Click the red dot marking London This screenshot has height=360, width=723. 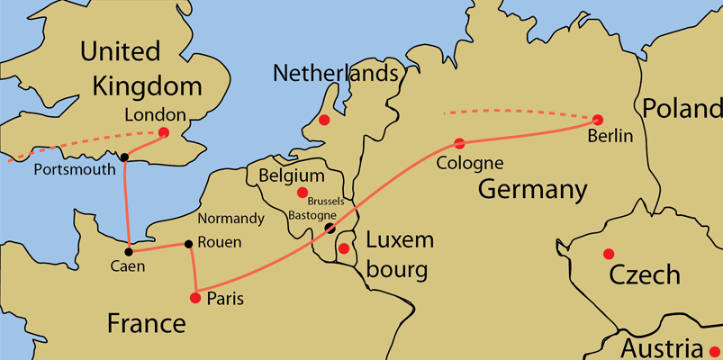coord(163,132)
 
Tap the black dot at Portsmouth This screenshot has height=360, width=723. coord(124,157)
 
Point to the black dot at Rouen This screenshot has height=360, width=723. coord(188,244)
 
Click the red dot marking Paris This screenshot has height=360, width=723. coord(195,297)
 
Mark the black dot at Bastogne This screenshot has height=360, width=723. coord(330,228)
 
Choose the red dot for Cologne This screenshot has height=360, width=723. coord(459,143)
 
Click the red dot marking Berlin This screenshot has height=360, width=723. coord(597,119)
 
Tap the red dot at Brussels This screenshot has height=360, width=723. coord(303,192)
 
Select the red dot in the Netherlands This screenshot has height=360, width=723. coord(324,120)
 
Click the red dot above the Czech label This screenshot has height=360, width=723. coord(609,253)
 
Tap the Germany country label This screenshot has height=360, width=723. coord(532,190)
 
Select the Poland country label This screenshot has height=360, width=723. coord(682,108)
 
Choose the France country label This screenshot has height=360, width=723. coord(147,322)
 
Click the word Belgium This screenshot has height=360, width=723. coord(291,175)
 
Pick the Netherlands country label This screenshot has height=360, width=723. coord(336,72)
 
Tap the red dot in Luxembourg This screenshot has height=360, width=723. coord(344,247)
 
